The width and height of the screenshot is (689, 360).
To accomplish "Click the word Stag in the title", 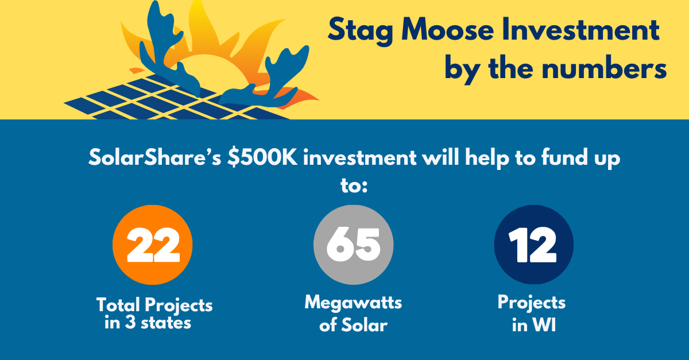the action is [x=360, y=31].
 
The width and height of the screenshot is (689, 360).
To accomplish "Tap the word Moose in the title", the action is [x=447, y=29].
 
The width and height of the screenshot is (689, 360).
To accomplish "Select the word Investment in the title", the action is [x=580, y=29].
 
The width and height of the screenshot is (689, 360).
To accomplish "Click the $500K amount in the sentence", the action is [x=262, y=157].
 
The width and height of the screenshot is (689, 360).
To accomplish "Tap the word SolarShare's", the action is [x=154, y=157].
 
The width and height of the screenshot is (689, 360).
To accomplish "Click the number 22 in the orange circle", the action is [x=153, y=245].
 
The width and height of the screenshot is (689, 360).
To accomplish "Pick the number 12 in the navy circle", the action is [x=532, y=245].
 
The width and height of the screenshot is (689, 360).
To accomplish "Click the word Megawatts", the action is [x=353, y=303].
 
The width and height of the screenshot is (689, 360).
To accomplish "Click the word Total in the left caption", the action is [x=118, y=305].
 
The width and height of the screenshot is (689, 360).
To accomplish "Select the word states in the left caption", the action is [x=166, y=323].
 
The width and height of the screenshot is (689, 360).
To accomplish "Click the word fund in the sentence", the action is [x=565, y=157].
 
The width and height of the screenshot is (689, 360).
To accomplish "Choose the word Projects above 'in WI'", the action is [x=532, y=303].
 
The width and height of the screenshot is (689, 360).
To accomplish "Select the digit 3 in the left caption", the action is [x=130, y=323].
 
